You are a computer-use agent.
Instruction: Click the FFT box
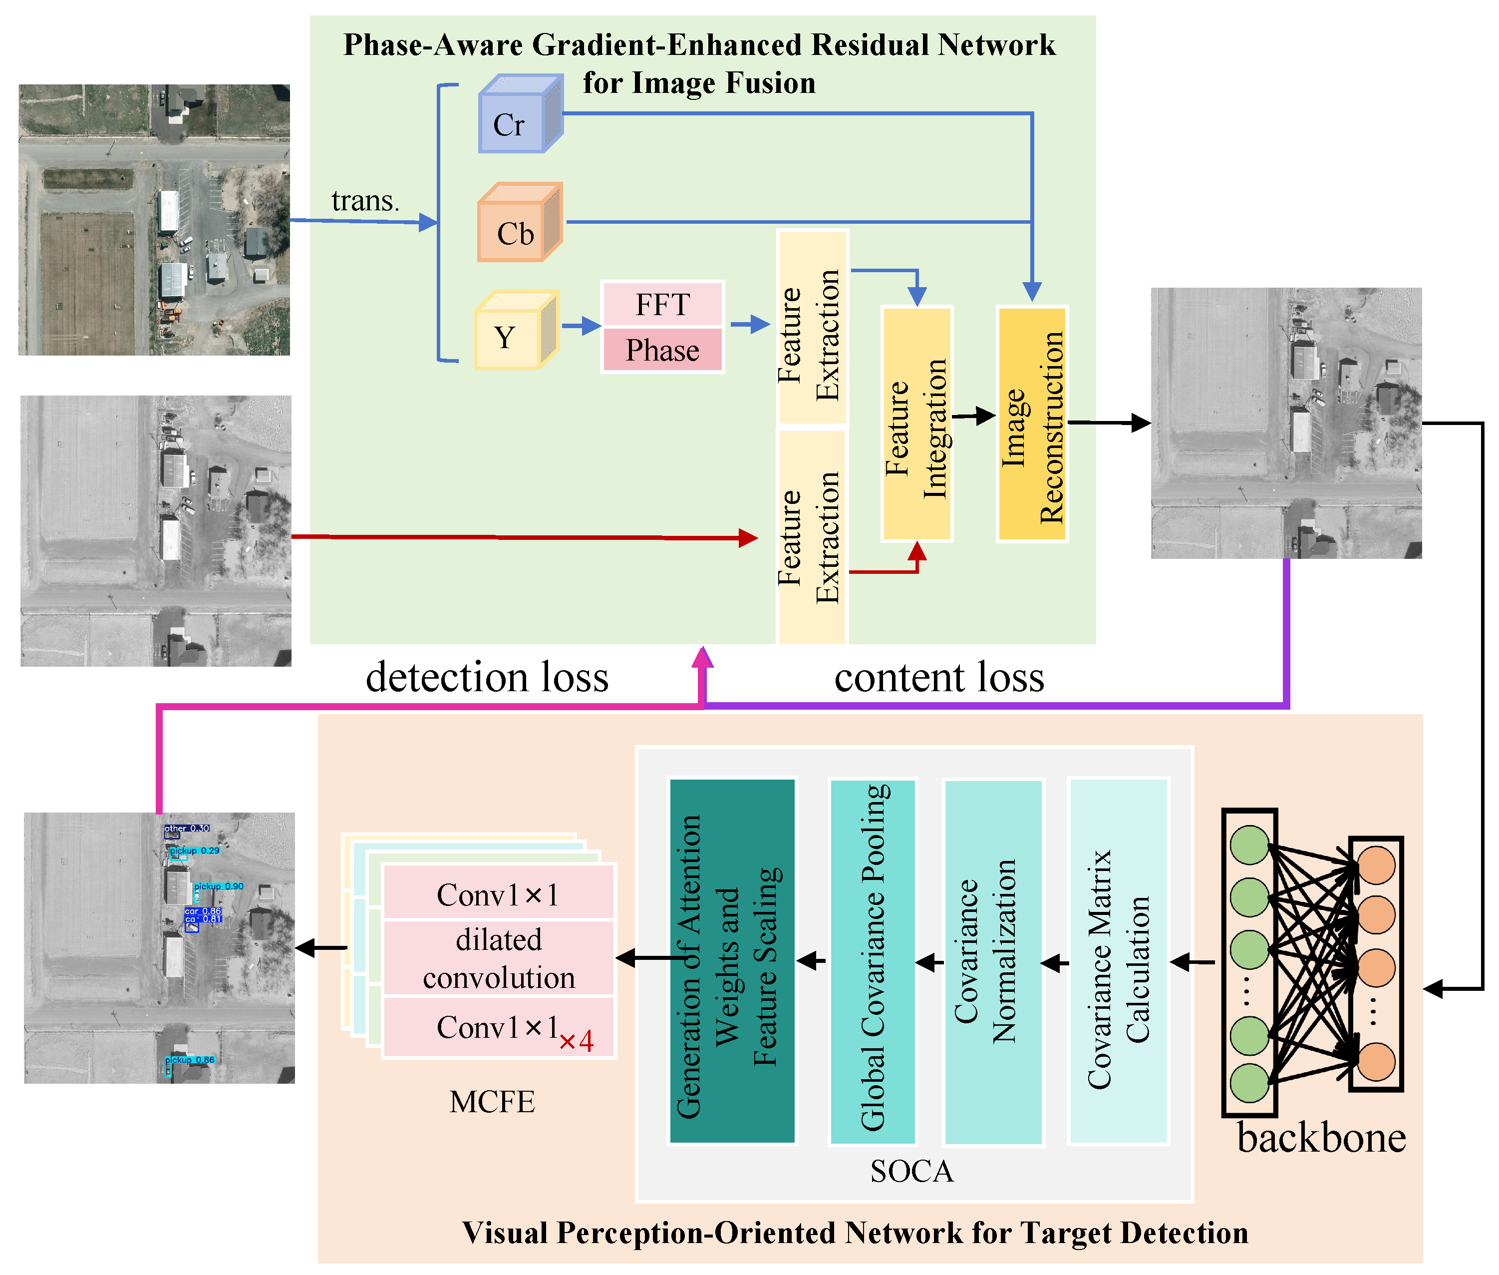pyautogui.click(x=662, y=304)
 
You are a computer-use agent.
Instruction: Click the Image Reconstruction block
pyautogui.click(x=1032, y=425)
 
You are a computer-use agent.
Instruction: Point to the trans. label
pyautogui.click(x=365, y=201)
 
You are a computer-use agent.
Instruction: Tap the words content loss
pyautogui.click(x=938, y=677)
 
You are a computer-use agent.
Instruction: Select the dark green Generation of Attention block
pyautogui.click(x=731, y=961)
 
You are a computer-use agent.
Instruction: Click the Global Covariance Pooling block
pyautogui.click(x=872, y=961)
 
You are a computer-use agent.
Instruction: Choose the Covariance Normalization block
pyautogui.click(x=992, y=961)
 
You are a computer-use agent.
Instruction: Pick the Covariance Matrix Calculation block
pyautogui.click(x=1118, y=961)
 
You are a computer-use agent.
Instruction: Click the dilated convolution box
pyautogui.click(x=499, y=958)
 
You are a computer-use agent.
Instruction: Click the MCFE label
pyautogui.click(x=492, y=1102)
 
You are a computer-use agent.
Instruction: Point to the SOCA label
pyautogui.click(x=911, y=1172)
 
